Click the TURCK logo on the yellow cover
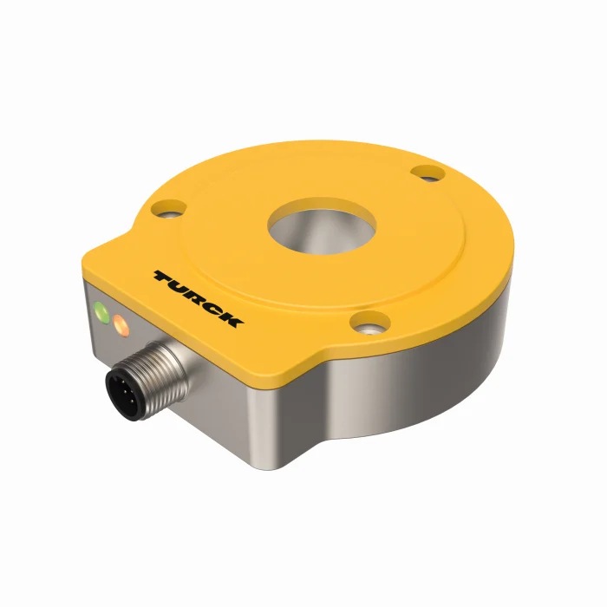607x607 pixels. [199, 298]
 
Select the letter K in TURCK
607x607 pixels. [232, 320]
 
